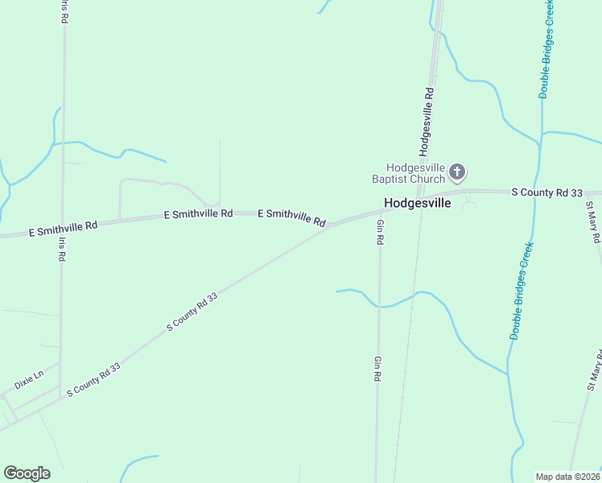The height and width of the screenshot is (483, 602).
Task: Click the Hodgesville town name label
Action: [418, 204]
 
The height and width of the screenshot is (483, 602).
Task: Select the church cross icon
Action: [457, 171]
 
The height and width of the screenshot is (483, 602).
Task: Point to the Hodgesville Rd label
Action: [427, 121]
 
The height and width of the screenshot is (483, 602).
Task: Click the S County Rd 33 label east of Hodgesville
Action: [547, 192]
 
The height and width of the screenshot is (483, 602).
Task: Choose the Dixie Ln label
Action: [28, 380]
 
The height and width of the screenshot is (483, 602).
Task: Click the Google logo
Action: [27, 473]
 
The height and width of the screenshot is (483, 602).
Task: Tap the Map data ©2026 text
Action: [567, 476]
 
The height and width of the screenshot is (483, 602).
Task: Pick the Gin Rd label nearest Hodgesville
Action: [380, 232]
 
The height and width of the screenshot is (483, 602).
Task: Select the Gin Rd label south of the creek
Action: [377, 369]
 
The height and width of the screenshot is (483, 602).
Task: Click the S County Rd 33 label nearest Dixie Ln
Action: [93, 379]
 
